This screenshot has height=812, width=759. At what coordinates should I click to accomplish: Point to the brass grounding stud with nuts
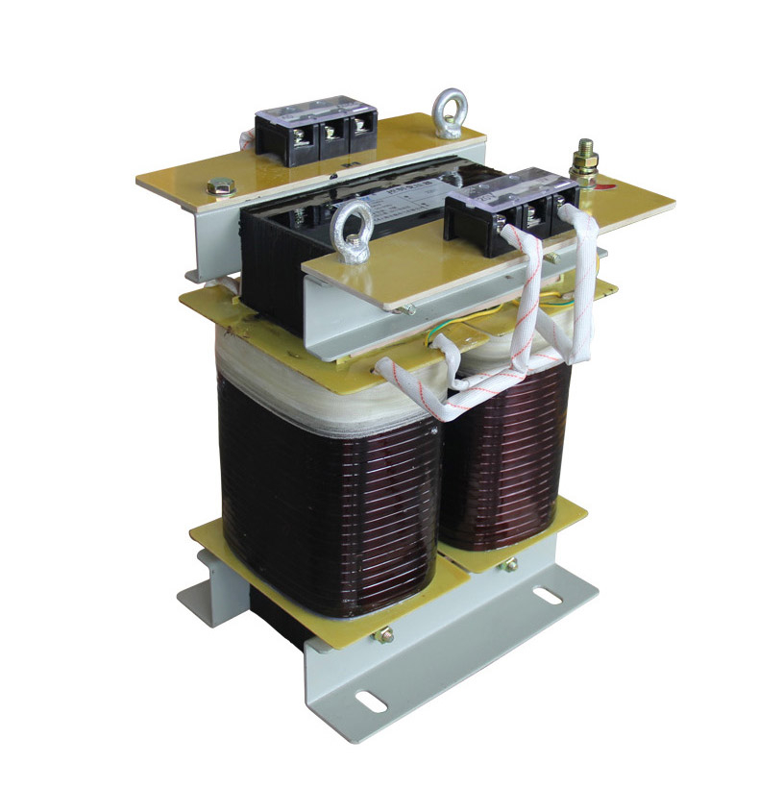(582, 164)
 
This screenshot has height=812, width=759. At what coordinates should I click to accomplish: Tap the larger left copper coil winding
(327, 490)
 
